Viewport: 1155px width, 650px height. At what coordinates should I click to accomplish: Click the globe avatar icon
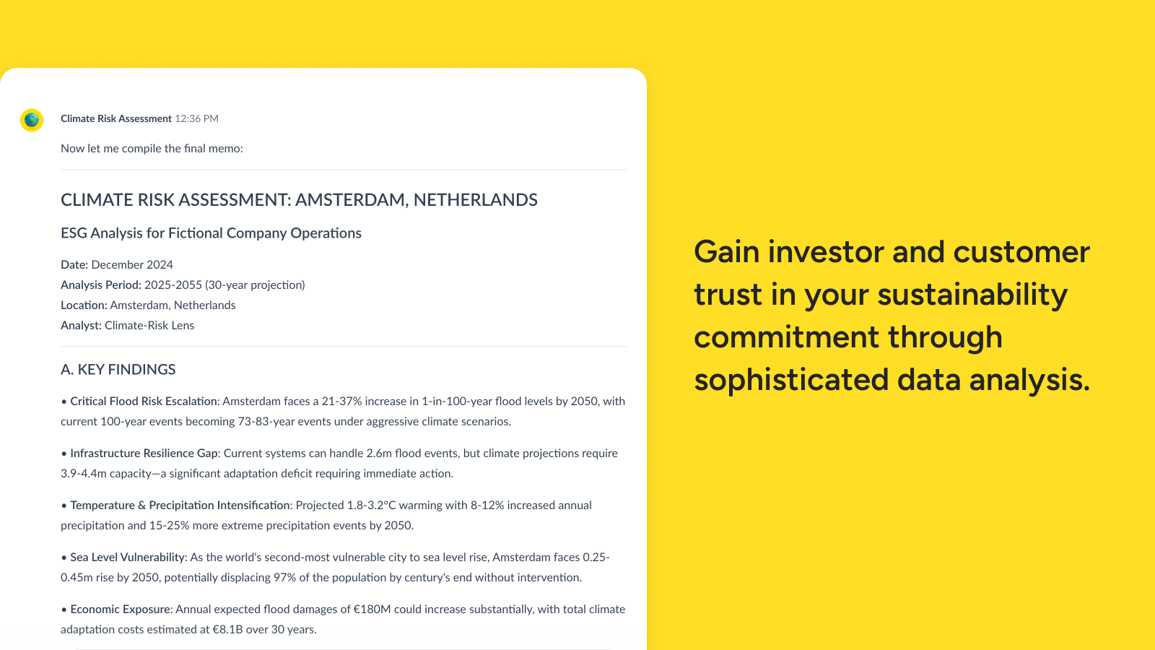[32, 120]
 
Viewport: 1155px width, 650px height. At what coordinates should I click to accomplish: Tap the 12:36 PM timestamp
[196, 118]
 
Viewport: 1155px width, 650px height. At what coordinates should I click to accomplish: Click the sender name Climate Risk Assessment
[116, 118]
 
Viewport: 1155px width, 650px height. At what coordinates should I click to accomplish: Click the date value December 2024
[132, 264]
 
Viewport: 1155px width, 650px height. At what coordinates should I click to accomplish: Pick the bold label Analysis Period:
[101, 285]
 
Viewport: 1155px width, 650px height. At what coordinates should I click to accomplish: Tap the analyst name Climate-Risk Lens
[149, 326]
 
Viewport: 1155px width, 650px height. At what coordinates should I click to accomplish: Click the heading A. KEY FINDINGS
[118, 369]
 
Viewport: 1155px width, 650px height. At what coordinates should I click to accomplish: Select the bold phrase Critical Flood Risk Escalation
[144, 402]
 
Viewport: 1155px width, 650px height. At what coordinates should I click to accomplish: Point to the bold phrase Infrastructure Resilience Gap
[144, 454]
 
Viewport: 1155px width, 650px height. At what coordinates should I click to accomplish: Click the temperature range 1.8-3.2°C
[371, 506]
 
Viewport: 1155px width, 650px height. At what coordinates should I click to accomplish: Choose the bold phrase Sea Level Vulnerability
[127, 557]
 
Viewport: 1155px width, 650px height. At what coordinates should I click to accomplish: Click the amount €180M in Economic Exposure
[372, 610]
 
